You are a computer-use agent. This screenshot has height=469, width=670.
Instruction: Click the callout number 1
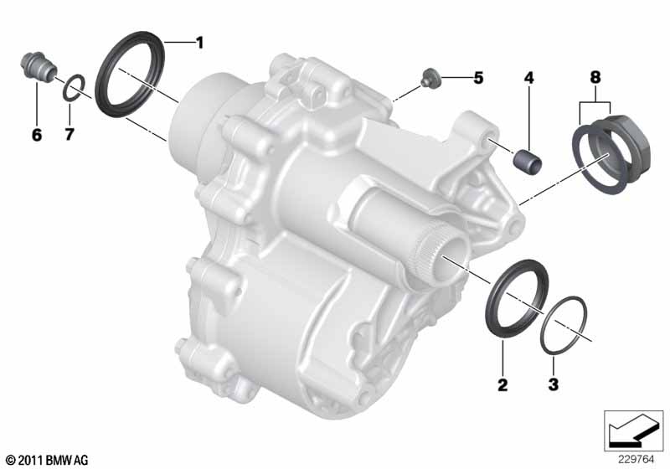click(x=199, y=43)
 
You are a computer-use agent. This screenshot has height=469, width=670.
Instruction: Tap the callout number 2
click(x=502, y=385)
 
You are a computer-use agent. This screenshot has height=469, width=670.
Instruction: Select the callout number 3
click(x=554, y=384)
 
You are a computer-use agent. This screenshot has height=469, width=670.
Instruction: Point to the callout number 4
click(x=529, y=78)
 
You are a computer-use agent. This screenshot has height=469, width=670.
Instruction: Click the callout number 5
click(x=478, y=78)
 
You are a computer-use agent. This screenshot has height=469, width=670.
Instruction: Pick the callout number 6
click(x=37, y=135)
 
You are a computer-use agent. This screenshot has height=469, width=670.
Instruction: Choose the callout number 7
click(x=70, y=135)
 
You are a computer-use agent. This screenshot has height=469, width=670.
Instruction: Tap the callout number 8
click(x=595, y=77)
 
